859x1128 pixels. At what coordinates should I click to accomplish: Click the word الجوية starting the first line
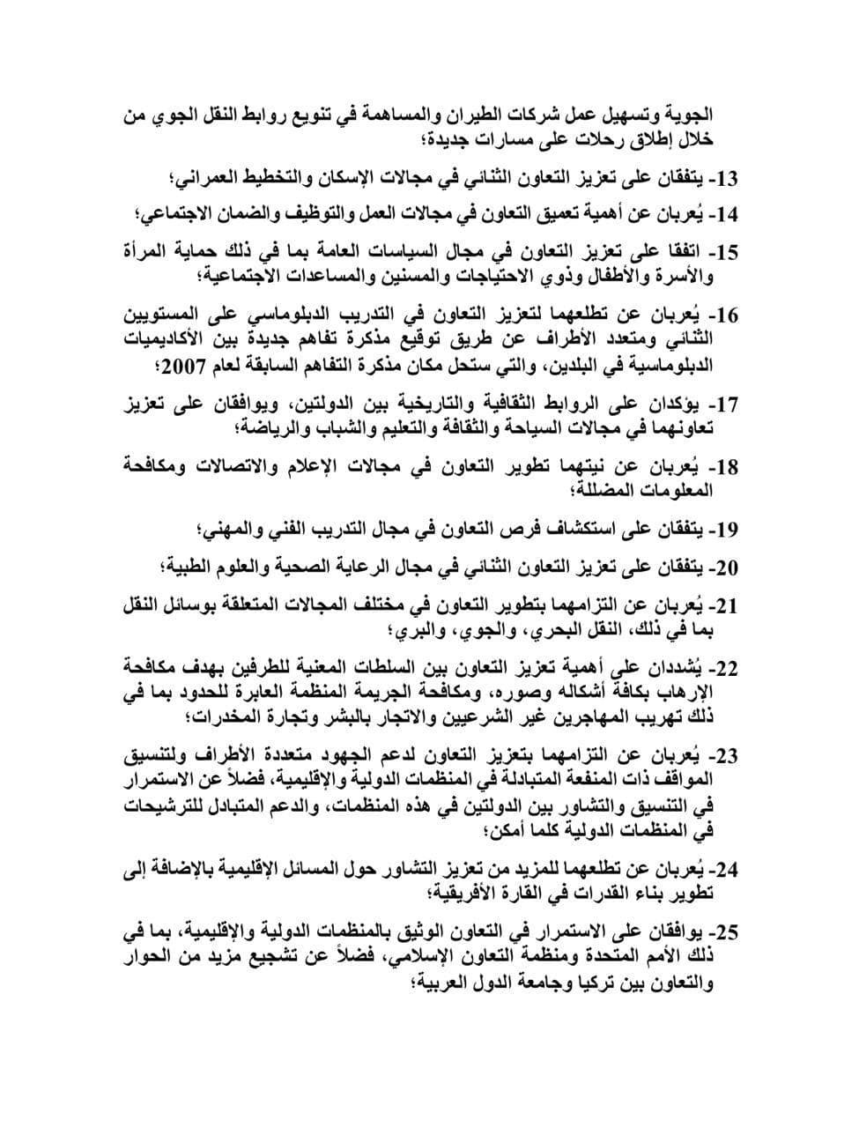pos(713,114)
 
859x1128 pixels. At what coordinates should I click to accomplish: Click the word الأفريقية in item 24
pos(472,894)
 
